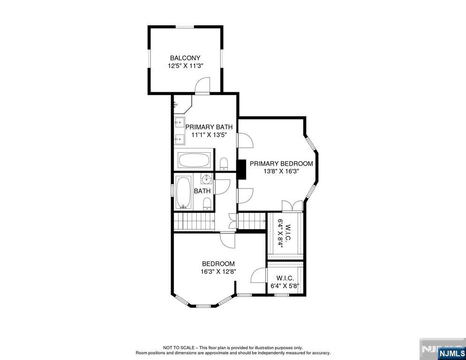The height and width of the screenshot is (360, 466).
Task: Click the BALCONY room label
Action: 185,58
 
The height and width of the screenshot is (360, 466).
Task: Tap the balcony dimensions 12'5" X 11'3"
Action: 185,66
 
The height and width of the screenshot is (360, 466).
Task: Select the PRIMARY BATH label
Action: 209,127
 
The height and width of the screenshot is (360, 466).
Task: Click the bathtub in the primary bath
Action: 194,160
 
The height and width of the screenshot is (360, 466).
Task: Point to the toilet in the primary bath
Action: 224,164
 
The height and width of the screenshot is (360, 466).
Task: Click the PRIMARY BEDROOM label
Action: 281,164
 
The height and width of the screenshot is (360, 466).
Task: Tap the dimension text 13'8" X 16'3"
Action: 281,172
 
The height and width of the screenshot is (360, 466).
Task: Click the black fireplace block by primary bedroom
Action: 241,169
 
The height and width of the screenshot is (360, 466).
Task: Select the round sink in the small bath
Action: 206,179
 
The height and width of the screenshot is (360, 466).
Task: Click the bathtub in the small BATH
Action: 183,192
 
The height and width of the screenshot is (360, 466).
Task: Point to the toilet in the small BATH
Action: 207,204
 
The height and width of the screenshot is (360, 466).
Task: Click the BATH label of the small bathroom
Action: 202,191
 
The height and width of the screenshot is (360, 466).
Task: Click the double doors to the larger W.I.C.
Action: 293,206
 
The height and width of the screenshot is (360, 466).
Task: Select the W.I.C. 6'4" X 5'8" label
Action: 285,282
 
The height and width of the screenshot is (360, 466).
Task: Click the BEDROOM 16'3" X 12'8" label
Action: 218,267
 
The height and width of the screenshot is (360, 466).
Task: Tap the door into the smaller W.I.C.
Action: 259,275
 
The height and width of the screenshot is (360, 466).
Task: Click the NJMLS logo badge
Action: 451,353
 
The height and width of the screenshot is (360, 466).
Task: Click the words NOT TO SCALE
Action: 179,347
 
